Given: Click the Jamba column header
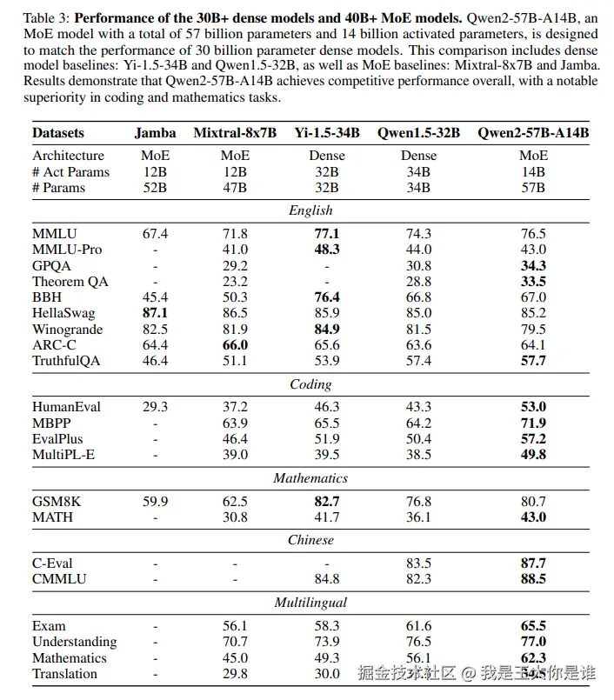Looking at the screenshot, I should point(155,133).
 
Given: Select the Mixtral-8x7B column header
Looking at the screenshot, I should point(235,133).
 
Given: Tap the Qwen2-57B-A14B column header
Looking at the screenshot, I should point(533,133).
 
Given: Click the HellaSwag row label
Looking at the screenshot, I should point(63,313).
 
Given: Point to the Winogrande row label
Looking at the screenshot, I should point(67,330).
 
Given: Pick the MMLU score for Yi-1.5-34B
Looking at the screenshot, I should point(326,234).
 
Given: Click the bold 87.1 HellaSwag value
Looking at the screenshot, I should point(155,313).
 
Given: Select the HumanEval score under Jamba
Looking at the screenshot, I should point(155,407).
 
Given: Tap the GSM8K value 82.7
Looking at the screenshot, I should point(326,501).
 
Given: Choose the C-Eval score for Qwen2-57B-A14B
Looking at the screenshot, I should point(533,563).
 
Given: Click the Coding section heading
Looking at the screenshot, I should point(310,384).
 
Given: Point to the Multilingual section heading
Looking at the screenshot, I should point(310,603).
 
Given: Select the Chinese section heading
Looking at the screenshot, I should point(310,540).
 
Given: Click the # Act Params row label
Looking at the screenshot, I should point(71,171).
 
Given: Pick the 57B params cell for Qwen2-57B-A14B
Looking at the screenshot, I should point(533,187).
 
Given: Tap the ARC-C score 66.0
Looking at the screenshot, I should point(235,345).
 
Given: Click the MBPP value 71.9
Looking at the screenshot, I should point(533,423).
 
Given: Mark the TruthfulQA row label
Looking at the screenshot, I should point(66,361).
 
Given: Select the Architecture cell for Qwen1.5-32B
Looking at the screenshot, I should point(418,156).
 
